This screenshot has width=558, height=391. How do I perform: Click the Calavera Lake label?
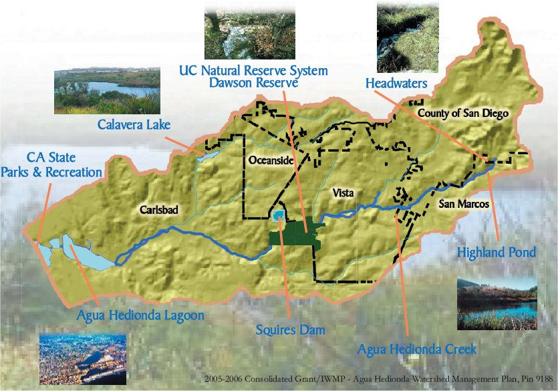tap(134, 124)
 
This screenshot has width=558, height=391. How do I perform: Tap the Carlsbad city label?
tap(159, 209)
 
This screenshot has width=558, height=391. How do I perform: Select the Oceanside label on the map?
tap(271, 160)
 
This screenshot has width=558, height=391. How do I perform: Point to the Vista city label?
tap(342, 192)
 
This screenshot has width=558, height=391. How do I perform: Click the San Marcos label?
tap(465, 203)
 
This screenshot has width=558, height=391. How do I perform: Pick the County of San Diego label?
tap(463, 114)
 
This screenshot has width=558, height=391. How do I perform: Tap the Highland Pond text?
tap(496, 253)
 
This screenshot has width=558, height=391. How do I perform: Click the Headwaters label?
tap(396, 83)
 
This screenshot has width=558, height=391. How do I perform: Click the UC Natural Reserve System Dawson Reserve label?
tap(255, 76)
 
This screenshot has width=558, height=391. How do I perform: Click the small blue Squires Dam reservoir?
tap(277, 215)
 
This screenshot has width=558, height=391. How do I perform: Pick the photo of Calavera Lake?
tap(106, 90)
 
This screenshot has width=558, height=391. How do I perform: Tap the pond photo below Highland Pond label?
tap(497, 304)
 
